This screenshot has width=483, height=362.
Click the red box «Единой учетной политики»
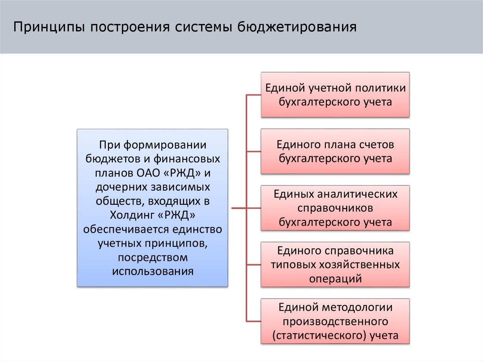pos(335,94)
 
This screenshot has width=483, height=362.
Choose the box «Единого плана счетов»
pos(335,151)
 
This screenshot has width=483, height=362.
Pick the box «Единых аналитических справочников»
pos(335,208)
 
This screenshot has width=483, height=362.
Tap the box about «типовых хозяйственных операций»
pos(335,264)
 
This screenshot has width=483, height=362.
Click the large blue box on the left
pos(152,208)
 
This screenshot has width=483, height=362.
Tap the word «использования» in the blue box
pos(152,271)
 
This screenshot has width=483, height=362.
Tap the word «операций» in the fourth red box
pos(335,278)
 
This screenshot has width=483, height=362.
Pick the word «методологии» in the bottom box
pos(356,308)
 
